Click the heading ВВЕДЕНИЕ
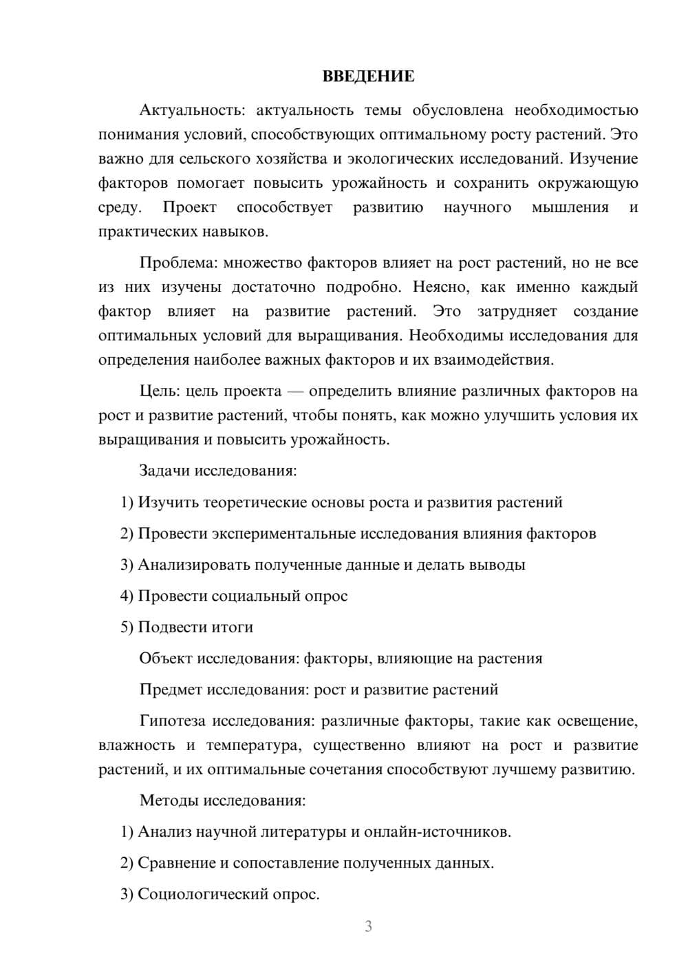click(x=368, y=76)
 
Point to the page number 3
click(x=368, y=926)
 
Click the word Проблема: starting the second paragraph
click(x=173, y=263)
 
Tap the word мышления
click(x=570, y=207)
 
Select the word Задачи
click(x=164, y=471)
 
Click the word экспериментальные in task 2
click(x=283, y=533)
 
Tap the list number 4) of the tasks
click(x=127, y=596)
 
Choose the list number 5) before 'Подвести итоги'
click(x=127, y=627)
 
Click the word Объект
click(x=166, y=659)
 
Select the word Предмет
click(x=171, y=689)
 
